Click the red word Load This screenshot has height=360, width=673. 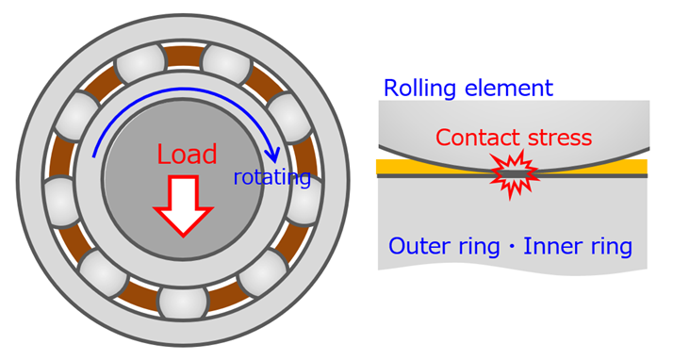click(x=187, y=155)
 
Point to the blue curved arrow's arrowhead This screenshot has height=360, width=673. click(x=272, y=155)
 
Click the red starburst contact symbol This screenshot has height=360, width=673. click(x=513, y=175)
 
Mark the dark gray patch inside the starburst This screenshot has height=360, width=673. click(x=514, y=172)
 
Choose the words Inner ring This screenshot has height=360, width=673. click(x=576, y=248)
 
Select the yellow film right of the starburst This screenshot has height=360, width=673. click(x=603, y=166)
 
